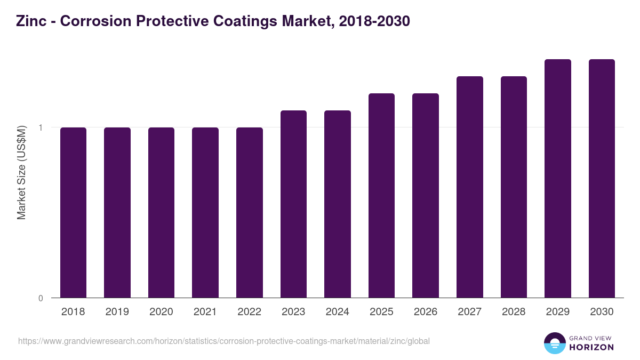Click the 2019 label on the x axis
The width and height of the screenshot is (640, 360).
(x=117, y=312)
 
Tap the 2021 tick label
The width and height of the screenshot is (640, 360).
(x=205, y=312)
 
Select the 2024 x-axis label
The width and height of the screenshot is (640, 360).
(x=337, y=312)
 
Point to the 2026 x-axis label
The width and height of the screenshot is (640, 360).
(x=425, y=312)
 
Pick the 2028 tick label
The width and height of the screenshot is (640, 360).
(x=514, y=312)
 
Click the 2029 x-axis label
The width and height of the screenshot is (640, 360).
(x=557, y=312)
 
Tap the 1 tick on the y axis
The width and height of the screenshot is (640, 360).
(x=41, y=127)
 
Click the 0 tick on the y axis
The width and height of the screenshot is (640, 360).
(x=41, y=298)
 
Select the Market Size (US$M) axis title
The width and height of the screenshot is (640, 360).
(x=21, y=172)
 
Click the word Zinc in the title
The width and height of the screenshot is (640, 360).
(x=30, y=21)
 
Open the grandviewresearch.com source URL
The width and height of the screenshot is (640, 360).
(x=223, y=341)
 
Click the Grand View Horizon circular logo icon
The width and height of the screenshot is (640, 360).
(x=554, y=343)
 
